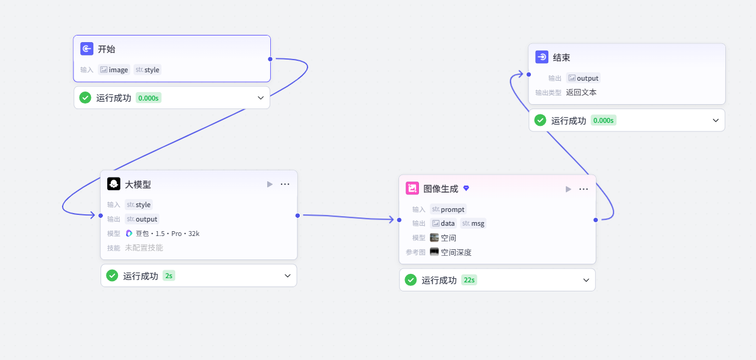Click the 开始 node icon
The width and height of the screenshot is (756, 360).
coord(87,49)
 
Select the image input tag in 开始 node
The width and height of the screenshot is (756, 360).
coord(114,70)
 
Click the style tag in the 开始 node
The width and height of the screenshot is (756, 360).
coord(147,70)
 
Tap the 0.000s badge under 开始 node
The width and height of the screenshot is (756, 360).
coord(149,98)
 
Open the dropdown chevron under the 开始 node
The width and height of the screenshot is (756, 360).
coord(261,98)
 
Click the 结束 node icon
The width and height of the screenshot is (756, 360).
coord(542,57)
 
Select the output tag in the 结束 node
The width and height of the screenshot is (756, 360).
coord(583,78)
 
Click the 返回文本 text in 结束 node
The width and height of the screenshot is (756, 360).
coord(581,93)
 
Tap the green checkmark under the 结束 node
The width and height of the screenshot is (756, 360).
coord(541,120)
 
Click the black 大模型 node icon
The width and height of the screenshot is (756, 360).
coord(114,184)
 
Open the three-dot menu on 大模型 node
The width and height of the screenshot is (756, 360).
coord(285,184)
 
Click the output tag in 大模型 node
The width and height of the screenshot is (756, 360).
coord(142,219)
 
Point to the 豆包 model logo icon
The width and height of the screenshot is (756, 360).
coord(129,234)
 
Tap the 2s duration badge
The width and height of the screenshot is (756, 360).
coord(169,276)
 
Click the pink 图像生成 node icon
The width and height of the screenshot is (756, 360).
coord(412,188)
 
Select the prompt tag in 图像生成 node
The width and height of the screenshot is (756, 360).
coord(448,209)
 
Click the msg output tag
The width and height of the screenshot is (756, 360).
coord(473,223)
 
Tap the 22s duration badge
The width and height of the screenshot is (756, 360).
coord(469,280)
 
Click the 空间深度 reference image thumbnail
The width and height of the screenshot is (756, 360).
coord(435,252)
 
